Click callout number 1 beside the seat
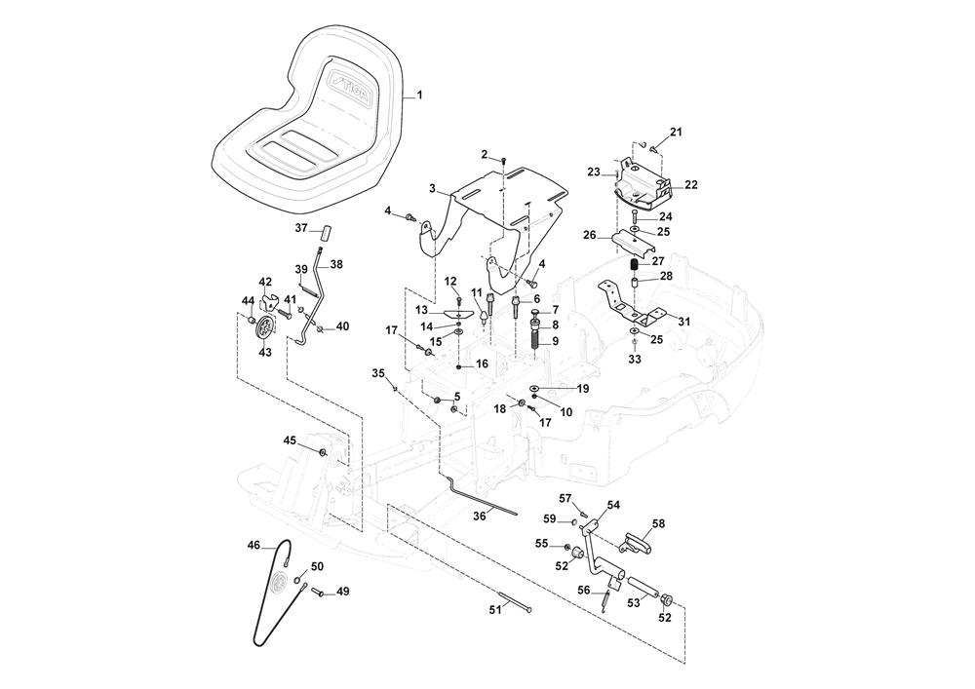[x=420, y=95]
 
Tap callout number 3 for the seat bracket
[x=430, y=187]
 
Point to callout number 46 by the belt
[x=253, y=546]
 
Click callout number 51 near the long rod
[x=494, y=609]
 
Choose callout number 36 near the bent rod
[x=478, y=516]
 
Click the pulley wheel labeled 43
[x=264, y=331]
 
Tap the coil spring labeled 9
[x=535, y=342]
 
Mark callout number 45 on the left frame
[x=290, y=440]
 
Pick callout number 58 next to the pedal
[x=659, y=524]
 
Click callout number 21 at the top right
[x=677, y=133]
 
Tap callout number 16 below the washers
[x=482, y=364]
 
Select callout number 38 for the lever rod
[x=336, y=264]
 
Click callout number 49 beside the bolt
[x=342, y=592]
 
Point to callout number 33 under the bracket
[x=635, y=360]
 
